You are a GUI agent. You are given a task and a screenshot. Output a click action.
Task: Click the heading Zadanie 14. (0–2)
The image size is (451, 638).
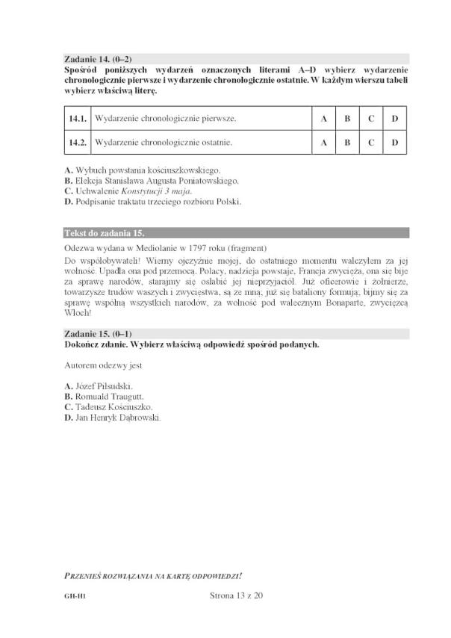(x=99, y=58)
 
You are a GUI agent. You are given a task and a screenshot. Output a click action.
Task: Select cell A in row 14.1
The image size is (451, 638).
(x=324, y=119)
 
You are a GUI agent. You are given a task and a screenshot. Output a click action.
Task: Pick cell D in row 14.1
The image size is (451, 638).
(x=394, y=119)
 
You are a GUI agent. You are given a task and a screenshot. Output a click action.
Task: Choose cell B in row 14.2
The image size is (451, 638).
(x=347, y=142)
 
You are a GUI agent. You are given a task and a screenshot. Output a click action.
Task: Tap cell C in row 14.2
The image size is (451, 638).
(x=370, y=142)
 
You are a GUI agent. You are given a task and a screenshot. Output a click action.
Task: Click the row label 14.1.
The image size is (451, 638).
(x=78, y=119)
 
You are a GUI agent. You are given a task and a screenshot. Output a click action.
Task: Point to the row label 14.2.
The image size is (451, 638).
(x=78, y=142)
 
